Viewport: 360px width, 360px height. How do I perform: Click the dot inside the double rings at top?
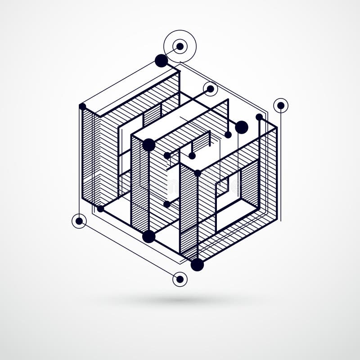(180, 46)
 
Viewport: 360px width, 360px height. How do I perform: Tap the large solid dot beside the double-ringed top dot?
(161, 61)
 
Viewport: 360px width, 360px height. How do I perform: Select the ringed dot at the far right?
(281, 105)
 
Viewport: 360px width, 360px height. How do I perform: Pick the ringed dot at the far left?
(79, 221)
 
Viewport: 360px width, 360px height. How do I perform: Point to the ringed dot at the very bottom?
(180, 279)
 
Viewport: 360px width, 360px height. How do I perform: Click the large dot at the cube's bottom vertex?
(197, 265)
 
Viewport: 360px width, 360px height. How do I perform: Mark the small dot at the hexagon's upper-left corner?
(82, 107)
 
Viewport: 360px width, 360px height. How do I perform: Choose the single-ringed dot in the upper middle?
(210, 89)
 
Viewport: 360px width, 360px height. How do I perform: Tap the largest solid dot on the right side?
(242, 127)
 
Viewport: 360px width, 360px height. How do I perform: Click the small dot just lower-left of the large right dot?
(228, 135)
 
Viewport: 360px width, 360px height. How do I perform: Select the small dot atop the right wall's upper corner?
(259, 117)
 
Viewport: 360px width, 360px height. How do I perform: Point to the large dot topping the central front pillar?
(148, 145)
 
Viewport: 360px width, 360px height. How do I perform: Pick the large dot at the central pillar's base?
(148, 236)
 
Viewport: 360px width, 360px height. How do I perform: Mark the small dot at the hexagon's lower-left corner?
(100, 209)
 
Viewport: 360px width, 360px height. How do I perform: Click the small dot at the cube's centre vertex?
(197, 173)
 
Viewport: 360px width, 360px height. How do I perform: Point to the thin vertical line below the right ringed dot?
(281, 171)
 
